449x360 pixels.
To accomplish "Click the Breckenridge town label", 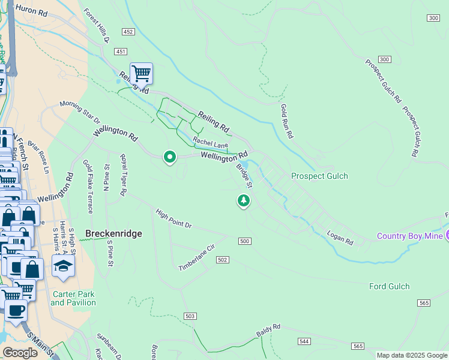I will [113, 233].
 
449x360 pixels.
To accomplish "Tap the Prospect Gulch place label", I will [319, 176].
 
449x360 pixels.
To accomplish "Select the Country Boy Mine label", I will [409, 236].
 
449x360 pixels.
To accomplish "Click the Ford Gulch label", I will [389, 287].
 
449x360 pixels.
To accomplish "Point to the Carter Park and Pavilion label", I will [73, 298].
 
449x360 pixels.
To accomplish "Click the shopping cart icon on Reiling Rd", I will [141, 74].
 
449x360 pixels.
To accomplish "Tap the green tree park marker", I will [243, 200].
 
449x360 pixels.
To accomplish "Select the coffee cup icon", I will [16, 311].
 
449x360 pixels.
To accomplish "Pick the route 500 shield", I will [244, 241].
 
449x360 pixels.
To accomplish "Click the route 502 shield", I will [222, 259].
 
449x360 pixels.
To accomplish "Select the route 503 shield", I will [190, 316].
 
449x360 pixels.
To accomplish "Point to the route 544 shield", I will [304, 341].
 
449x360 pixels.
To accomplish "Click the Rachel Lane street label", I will [210, 143].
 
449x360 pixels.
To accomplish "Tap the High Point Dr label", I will [173, 218].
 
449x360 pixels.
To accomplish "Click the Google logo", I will [20, 353].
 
